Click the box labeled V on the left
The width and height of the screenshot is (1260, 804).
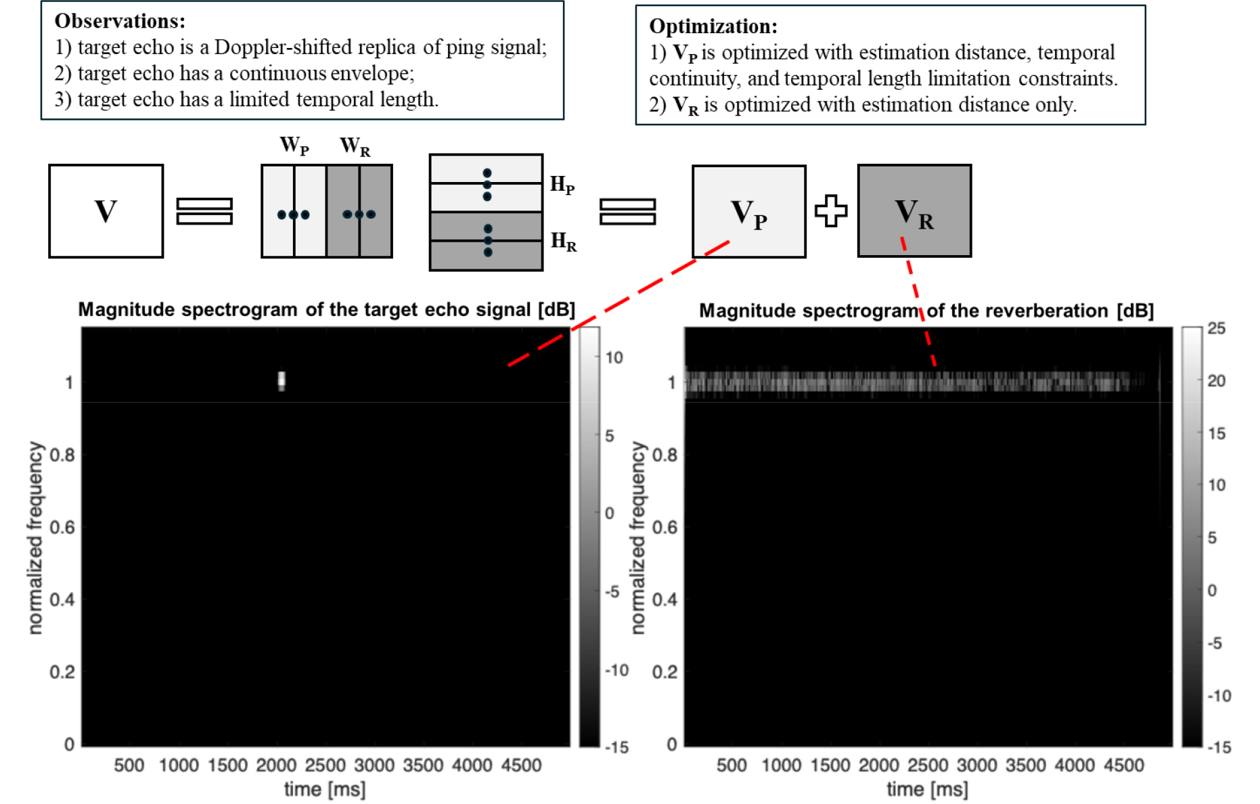pyautogui.click(x=106, y=211)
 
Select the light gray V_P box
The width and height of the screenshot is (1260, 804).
pyautogui.click(x=749, y=211)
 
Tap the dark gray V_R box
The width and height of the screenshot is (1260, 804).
pyautogui.click(x=914, y=210)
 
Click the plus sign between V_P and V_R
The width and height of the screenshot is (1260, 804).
pyautogui.click(x=831, y=210)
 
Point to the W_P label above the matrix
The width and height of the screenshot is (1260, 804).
pyautogui.click(x=294, y=146)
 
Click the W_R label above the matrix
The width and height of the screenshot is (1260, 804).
pyautogui.click(x=355, y=146)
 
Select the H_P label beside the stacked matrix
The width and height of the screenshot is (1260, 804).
pyautogui.click(x=562, y=185)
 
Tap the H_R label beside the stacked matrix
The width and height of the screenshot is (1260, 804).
pyautogui.click(x=564, y=242)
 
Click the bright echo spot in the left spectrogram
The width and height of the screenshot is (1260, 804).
pyautogui.click(x=282, y=380)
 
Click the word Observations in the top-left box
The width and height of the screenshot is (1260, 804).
pyautogui.click(x=120, y=21)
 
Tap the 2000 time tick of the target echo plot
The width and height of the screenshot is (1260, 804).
pyautogui.click(x=276, y=765)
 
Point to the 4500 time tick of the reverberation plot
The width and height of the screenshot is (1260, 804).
pyautogui.click(x=1124, y=765)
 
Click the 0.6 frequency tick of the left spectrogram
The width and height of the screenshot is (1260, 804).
pyautogui.click(x=62, y=527)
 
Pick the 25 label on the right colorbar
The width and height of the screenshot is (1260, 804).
pyautogui.click(x=1217, y=328)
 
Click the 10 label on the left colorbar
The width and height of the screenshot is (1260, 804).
pyautogui.click(x=614, y=357)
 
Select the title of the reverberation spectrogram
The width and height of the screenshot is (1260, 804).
pyautogui.click(x=926, y=311)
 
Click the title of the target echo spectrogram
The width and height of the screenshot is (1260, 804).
pyautogui.click(x=327, y=310)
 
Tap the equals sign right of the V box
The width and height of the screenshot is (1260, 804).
pyautogui.click(x=204, y=211)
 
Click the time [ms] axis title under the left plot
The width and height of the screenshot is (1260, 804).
pyautogui.click(x=325, y=790)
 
